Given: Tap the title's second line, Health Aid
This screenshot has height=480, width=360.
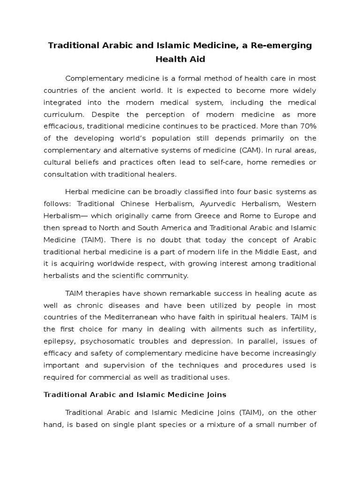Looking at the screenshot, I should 180,60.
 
